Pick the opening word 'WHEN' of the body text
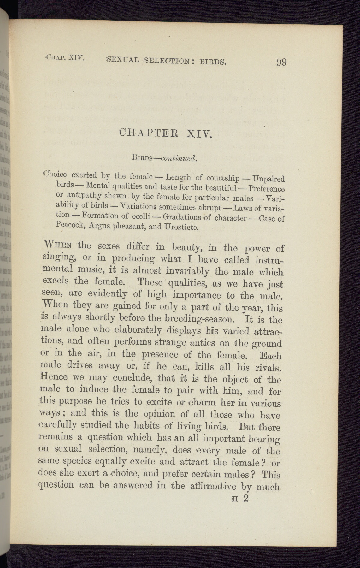(x=59, y=245)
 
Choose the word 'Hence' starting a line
(x=54, y=376)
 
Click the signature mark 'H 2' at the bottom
(x=240, y=499)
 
